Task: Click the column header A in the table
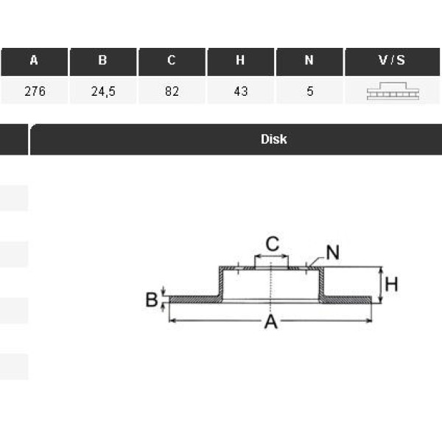coord(34,61)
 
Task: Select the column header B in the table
coord(102,61)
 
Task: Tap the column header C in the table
coord(172,61)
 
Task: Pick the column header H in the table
coord(240,61)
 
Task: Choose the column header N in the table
coord(309,61)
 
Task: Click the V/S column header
coord(392,61)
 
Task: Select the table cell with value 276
coord(34,92)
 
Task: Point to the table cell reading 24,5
coord(102,92)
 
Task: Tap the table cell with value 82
coord(172,92)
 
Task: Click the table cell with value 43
coord(240,92)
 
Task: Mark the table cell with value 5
coord(309,92)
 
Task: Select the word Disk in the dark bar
coord(273,139)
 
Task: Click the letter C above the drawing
coord(273,244)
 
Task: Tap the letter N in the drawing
coord(332,253)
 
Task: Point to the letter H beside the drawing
coord(391,284)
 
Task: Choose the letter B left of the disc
coord(151,300)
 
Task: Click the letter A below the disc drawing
coord(271,322)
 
